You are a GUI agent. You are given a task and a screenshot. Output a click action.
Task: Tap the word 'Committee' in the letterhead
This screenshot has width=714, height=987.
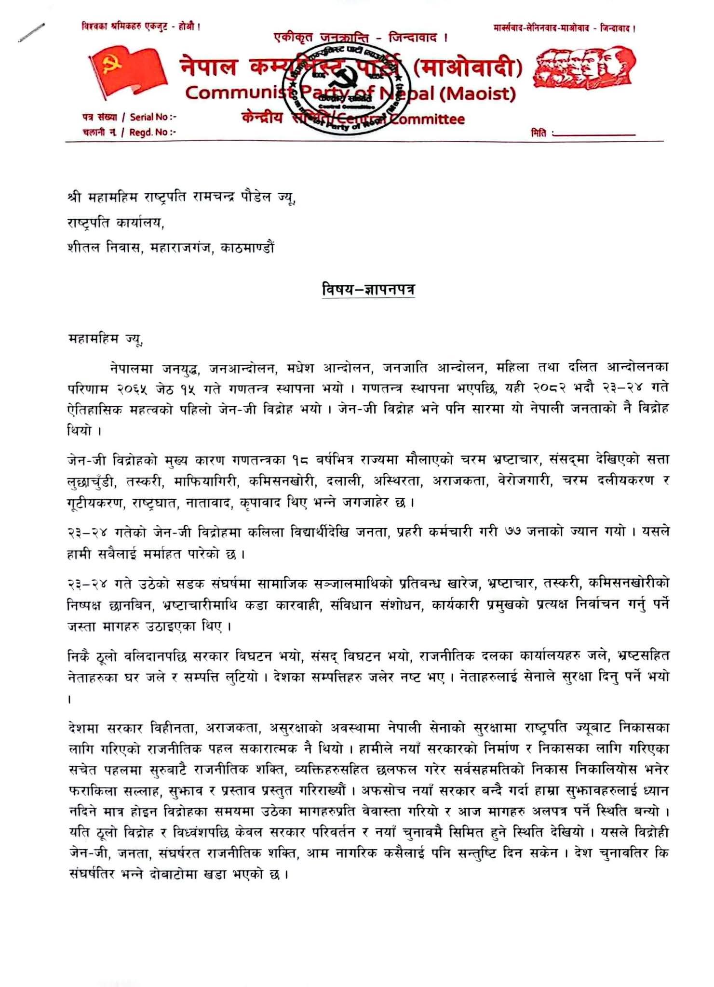[427, 119]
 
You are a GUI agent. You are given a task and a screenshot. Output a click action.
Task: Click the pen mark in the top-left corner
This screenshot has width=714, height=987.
[31, 33]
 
